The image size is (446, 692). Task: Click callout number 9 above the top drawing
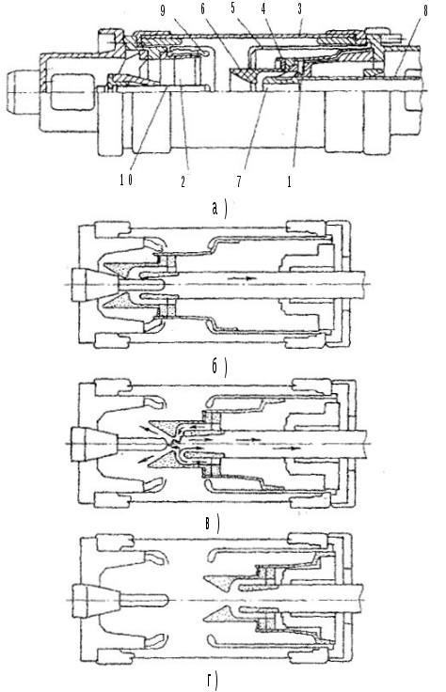(163, 11)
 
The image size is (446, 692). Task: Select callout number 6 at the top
(203, 9)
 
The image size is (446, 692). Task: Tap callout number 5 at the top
(233, 9)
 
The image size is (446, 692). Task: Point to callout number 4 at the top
(264, 9)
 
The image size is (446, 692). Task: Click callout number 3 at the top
(300, 9)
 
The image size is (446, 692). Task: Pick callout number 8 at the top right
(425, 11)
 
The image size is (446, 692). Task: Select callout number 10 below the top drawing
(126, 181)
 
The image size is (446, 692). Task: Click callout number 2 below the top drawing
(183, 181)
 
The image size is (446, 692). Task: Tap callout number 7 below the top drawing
(239, 181)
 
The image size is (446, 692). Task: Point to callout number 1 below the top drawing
(289, 181)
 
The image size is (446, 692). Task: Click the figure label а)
(219, 209)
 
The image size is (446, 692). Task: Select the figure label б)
(219, 367)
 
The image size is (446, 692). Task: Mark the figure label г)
(213, 681)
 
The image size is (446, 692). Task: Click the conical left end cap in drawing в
(93, 444)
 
